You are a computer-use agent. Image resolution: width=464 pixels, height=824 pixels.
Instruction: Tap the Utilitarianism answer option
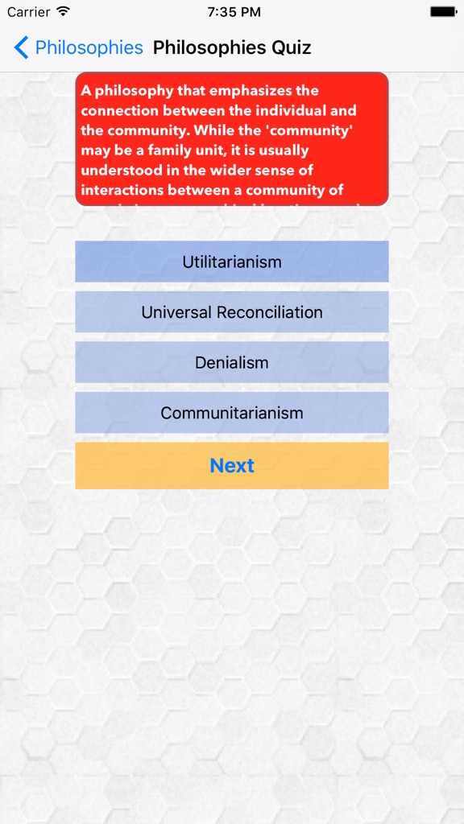click(x=232, y=262)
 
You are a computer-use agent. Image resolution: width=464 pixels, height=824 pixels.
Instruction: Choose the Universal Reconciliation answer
click(x=232, y=312)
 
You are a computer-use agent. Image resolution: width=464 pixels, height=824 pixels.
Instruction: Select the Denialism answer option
click(x=232, y=362)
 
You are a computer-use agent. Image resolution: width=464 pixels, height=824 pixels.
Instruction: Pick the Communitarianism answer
click(x=232, y=413)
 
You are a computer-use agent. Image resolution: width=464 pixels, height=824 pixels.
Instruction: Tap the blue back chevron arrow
click(x=21, y=47)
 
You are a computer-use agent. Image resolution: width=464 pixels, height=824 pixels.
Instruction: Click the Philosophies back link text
click(x=89, y=47)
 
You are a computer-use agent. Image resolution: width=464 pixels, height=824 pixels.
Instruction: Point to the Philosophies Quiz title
click(x=232, y=47)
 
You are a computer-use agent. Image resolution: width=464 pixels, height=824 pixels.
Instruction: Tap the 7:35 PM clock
click(x=234, y=12)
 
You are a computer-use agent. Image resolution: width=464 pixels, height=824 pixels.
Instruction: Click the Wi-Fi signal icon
click(x=63, y=12)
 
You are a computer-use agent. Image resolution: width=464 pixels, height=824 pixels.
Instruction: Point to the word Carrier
click(x=28, y=12)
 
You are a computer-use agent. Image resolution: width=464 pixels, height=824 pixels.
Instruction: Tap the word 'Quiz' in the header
click(x=291, y=47)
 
